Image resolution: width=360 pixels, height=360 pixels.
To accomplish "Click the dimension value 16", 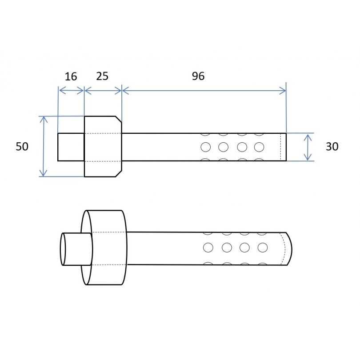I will coord(71,76).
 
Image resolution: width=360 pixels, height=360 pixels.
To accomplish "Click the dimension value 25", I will coord(102,76).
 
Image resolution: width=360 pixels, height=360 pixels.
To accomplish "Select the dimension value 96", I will coord(198,76).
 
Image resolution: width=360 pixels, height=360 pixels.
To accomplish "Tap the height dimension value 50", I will coord(22,146).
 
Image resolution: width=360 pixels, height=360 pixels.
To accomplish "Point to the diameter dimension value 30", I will coord(332,146).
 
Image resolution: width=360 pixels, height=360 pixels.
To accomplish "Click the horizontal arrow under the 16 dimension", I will coord(71,91).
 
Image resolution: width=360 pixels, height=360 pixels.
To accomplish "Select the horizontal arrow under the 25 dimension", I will coord(103,91).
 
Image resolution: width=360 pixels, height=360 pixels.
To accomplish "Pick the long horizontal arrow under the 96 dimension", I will coord(204,91).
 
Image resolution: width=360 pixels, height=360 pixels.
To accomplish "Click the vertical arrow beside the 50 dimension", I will coord(43,146).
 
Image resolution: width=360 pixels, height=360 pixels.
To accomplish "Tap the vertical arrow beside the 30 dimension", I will coord(307,147).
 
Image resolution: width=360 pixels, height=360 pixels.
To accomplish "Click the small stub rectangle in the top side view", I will coord(71,147).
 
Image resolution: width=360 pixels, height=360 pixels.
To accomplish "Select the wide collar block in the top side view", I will coord(102,147).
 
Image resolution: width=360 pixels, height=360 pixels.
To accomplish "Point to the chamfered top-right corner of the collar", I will coord(119,119).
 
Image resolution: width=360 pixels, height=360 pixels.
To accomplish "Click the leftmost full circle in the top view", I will coord(205,147).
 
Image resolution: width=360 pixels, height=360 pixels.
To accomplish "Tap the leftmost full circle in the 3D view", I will coord(208,247).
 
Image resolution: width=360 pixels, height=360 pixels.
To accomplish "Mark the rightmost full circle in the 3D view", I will coord(263,247).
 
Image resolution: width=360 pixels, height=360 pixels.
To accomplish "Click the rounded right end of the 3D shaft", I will coord(289,248).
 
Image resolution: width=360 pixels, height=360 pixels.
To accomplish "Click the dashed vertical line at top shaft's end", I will coord(280,147).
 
